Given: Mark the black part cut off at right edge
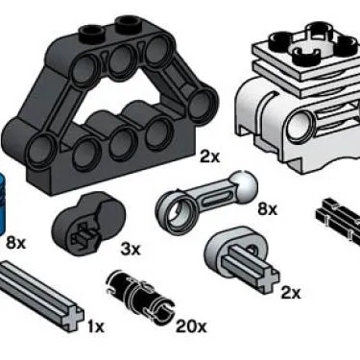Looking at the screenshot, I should click(x=341, y=216).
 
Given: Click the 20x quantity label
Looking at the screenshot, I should click(x=191, y=327).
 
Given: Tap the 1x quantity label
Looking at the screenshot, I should click(x=94, y=327).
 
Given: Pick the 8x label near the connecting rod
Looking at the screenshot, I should click(x=266, y=208).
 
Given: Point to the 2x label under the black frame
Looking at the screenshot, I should click(x=210, y=156).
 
